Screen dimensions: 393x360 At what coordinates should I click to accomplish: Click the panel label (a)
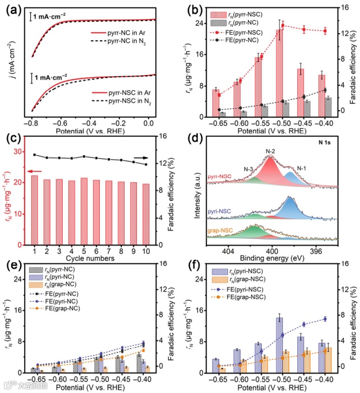[12, 7]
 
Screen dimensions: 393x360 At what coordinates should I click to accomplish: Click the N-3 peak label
[248, 168]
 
